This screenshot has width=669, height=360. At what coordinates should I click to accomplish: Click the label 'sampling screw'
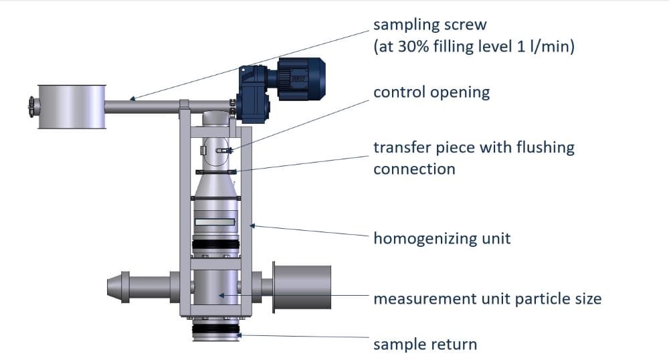click(x=430, y=25)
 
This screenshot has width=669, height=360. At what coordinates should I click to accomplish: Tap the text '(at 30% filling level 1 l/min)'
click(x=474, y=48)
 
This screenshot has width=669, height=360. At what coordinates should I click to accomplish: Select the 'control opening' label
click(x=431, y=92)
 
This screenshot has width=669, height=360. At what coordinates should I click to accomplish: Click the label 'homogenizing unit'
click(x=442, y=238)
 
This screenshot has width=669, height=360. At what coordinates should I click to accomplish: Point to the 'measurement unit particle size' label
click(x=487, y=298)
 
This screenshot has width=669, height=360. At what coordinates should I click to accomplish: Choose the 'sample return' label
click(x=425, y=345)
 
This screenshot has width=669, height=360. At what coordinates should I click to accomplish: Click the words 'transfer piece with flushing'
click(x=474, y=147)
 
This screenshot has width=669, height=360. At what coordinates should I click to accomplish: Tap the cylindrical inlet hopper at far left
click(x=72, y=106)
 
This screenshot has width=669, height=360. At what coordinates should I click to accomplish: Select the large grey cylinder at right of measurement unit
click(x=302, y=287)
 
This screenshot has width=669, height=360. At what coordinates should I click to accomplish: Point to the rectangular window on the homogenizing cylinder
click(x=215, y=221)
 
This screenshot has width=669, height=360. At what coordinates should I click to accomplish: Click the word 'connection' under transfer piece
click(x=414, y=169)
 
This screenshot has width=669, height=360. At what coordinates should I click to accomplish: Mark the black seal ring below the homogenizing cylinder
click(x=215, y=245)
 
